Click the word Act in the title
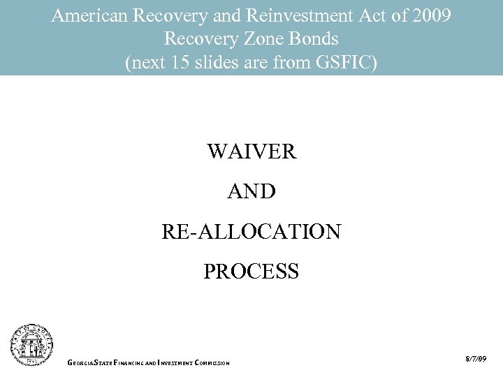[x=369, y=15]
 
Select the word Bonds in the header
[x=316, y=39]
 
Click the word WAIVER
[x=251, y=151]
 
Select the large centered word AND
[x=251, y=191]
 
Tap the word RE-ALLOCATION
[x=251, y=231]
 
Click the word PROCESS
[x=251, y=271]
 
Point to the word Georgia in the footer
[x=81, y=362]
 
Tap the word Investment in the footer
[x=175, y=362]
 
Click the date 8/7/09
[x=475, y=359]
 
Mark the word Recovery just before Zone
[x=197, y=39]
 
